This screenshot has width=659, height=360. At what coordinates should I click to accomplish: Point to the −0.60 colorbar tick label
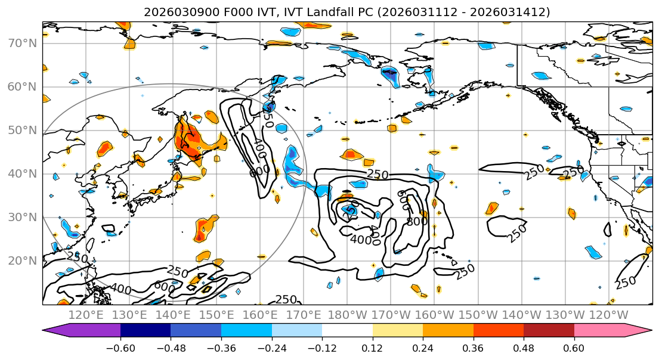pos(120,347)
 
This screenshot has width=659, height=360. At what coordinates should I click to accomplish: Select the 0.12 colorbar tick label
pos(372,347)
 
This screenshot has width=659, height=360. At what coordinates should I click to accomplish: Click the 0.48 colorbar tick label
pos(524,347)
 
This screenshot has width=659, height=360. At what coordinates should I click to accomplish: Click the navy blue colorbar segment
pos(146,331)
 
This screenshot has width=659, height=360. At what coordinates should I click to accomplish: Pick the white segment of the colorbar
pos(347,331)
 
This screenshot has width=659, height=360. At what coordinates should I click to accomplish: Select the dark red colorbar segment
pos(549,331)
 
